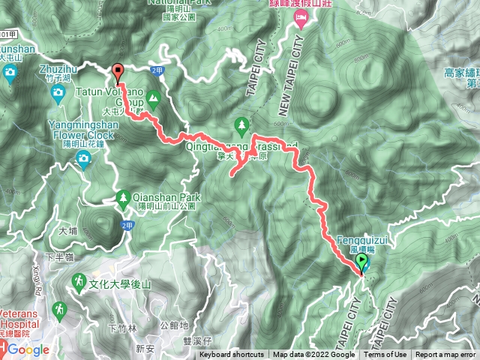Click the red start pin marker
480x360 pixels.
coord(118,72)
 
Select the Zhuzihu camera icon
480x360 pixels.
coord(58,93)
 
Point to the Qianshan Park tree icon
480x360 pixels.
coord(123,197)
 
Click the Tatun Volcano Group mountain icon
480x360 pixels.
coord(154,97)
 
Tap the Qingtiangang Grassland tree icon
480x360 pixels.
coord(241,123)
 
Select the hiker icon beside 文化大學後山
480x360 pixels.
coord(79,281)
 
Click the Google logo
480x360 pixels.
coord(28,349)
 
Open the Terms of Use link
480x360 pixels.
coord(385,355)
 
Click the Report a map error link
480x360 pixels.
coord(445,355)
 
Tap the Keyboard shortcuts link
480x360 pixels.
coord(231,355)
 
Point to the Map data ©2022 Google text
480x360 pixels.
coord(313,355)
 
